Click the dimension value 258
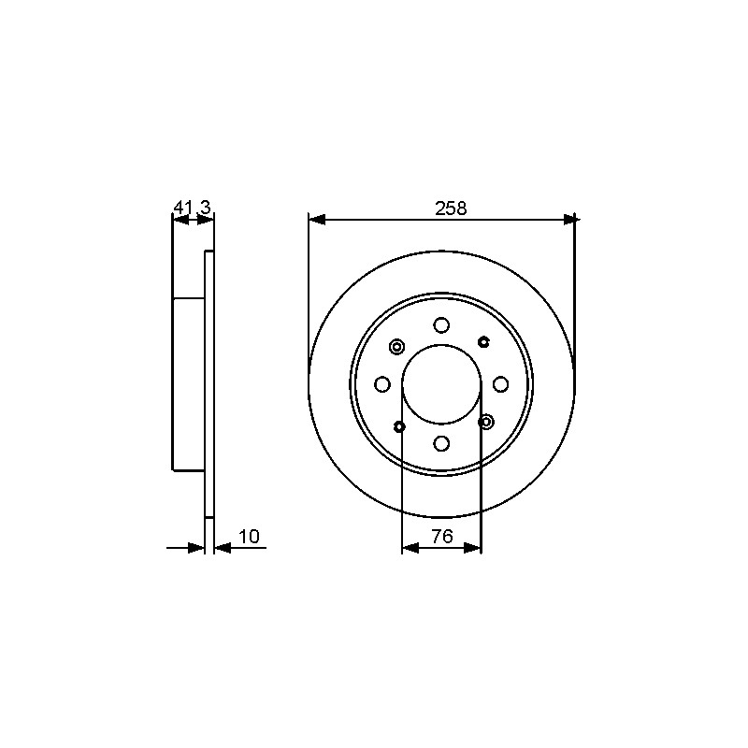click(x=451, y=209)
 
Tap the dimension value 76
click(x=441, y=537)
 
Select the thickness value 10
click(x=249, y=537)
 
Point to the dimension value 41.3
click(x=192, y=208)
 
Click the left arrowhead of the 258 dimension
click(x=317, y=220)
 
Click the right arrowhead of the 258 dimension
click(x=569, y=220)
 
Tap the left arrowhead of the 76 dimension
click(x=410, y=548)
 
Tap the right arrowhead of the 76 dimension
click(x=473, y=548)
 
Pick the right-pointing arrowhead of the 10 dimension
click(x=196, y=548)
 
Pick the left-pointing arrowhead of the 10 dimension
click(x=223, y=548)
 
